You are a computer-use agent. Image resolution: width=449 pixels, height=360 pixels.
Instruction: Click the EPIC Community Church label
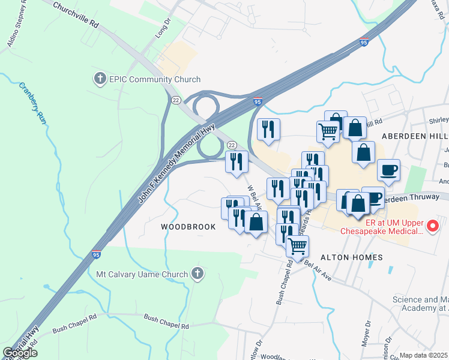[x=155, y=79]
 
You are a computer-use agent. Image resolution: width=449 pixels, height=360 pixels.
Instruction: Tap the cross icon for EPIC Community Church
[x=100, y=79]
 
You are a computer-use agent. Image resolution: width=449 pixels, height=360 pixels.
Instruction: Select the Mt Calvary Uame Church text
[x=142, y=275]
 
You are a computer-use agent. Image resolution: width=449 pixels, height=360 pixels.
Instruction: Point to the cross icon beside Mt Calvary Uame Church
[x=197, y=274]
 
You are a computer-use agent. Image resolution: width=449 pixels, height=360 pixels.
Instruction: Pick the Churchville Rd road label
[x=76, y=15]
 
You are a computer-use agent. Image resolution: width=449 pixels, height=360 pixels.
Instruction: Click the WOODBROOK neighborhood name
[x=188, y=227]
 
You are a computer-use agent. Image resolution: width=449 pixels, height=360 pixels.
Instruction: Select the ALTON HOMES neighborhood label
[x=352, y=257]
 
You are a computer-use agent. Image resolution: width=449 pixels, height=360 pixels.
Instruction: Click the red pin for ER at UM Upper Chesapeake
[x=433, y=226]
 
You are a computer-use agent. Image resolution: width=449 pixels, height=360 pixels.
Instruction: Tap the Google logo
[x=20, y=353]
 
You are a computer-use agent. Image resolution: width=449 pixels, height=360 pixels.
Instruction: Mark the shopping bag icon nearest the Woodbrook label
[x=256, y=222]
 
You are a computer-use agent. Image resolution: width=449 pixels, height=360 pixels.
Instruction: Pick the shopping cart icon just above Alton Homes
[x=297, y=245]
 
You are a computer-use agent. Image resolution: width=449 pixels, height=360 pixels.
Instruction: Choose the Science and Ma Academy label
[x=420, y=304]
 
